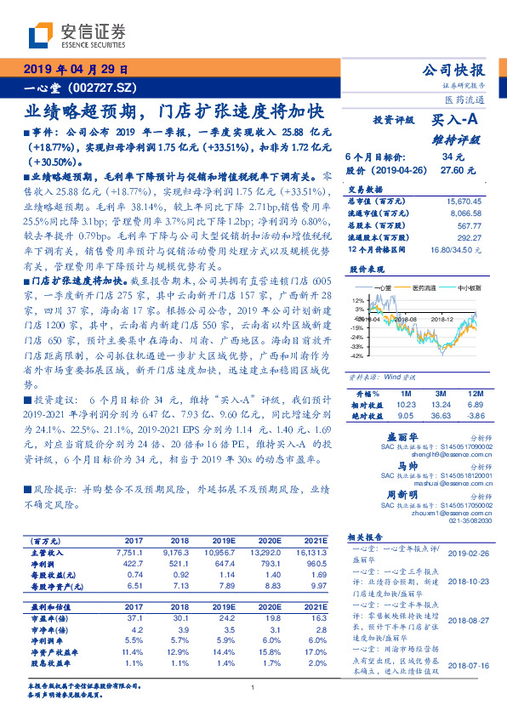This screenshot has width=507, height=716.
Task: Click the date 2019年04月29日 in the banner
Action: pos(74,69)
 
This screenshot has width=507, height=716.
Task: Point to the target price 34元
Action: pos(453,157)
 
